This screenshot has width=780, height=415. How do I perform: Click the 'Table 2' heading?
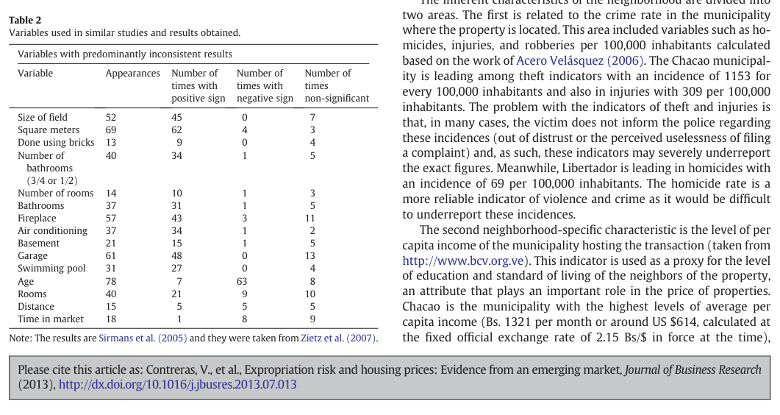[25, 20]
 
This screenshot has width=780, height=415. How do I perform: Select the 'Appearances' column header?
[133, 73]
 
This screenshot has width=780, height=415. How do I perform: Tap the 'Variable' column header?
[35, 73]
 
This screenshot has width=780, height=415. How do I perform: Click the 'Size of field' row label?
[43, 118]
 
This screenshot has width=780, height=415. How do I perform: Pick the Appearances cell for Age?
[111, 282]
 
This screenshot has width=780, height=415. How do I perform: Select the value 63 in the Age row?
[242, 282]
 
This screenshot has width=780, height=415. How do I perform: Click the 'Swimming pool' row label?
[51, 269]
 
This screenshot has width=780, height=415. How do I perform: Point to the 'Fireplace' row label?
[37, 219]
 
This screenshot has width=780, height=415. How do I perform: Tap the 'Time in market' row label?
[51, 319]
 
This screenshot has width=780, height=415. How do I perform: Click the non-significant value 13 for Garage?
[310, 256]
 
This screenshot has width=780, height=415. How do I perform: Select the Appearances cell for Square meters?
[111, 130]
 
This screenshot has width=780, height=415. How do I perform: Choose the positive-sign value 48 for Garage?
[176, 256]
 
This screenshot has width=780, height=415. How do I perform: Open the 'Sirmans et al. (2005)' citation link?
[143, 338]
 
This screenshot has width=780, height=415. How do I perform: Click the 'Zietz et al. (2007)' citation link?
[338, 338]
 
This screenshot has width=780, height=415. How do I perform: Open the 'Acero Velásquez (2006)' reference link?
[580, 61]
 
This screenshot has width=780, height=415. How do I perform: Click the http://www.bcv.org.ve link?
[463, 260]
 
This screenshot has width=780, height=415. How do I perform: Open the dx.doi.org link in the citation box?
[178, 385]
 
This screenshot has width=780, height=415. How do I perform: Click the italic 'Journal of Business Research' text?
[693, 369]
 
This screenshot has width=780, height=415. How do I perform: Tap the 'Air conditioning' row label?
[53, 231]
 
